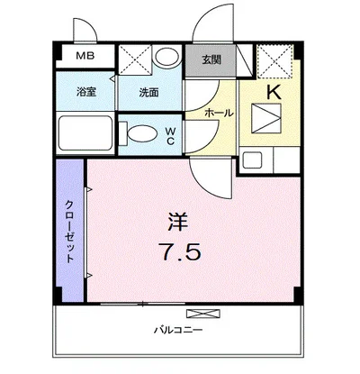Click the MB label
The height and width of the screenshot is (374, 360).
[84, 57]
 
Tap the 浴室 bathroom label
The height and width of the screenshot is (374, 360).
[86, 91]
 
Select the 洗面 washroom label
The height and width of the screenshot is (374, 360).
[149, 91]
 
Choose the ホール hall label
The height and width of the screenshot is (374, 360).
[220, 113]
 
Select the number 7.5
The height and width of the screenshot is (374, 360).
[181, 251]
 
